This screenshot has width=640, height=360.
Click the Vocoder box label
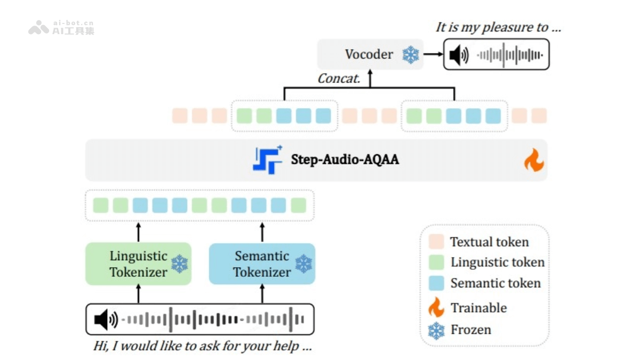(x=369, y=54)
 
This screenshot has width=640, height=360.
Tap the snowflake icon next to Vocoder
(x=410, y=54)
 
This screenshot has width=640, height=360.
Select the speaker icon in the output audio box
(x=459, y=55)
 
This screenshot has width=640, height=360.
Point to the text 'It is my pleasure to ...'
(x=498, y=28)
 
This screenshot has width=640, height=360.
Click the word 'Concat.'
(x=339, y=79)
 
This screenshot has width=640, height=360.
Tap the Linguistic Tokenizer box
(x=138, y=264)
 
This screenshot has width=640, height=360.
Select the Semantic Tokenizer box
(x=261, y=264)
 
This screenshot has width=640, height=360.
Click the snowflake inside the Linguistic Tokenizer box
(x=179, y=263)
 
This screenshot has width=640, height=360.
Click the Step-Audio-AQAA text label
(x=345, y=159)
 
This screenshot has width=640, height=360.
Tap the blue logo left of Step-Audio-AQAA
(x=267, y=159)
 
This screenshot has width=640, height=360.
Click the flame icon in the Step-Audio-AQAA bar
(x=533, y=161)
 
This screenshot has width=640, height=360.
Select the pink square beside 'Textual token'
(x=436, y=242)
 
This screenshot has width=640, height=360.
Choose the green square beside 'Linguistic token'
(x=436, y=262)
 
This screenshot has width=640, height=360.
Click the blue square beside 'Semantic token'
(x=436, y=283)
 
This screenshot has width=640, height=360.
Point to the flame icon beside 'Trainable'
(x=436, y=307)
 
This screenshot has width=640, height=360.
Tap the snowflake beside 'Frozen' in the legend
(x=436, y=330)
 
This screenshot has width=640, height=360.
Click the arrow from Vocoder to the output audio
(x=433, y=54)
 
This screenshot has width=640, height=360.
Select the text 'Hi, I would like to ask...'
(x=202, y=346)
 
